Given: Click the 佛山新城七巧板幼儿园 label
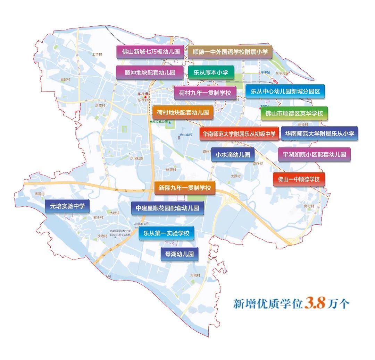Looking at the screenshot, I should [150, 52].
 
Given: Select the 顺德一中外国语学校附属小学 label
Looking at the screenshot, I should [230, 52].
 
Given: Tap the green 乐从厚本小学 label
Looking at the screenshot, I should [211, 72].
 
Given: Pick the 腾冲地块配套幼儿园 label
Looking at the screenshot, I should [150, 72].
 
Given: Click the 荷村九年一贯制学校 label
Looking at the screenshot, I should [205, 93].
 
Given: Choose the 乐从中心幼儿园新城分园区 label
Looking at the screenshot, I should [285, 92].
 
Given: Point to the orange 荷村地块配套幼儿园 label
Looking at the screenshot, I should [183, 112].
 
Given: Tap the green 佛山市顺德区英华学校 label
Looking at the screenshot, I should [294, 113].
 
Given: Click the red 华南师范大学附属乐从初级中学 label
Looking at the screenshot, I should [239, 134].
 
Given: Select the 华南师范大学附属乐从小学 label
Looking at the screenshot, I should [319, 134].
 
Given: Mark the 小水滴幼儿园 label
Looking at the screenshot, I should [233, 155].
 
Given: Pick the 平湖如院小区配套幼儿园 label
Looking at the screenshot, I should [314, 154].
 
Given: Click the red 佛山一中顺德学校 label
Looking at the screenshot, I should [299, 179].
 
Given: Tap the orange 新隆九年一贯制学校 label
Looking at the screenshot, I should [185, 188].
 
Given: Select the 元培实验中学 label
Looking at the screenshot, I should [67, 206].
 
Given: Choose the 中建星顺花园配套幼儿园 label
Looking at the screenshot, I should [167, 208].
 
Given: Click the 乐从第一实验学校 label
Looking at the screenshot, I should [166, 233].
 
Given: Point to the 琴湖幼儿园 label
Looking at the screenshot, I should [179, 254].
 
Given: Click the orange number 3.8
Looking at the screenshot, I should [315, 303].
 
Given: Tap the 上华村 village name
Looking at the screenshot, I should [97, 54].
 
